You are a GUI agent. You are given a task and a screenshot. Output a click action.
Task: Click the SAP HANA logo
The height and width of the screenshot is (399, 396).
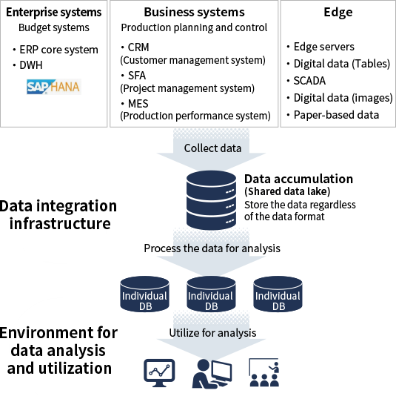54,87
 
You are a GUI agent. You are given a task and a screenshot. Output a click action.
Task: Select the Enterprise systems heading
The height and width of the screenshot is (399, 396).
54,12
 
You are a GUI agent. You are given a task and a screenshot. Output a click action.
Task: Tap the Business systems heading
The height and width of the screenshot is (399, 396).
195,12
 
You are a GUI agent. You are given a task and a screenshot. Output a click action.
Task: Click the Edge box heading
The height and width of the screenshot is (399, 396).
338,12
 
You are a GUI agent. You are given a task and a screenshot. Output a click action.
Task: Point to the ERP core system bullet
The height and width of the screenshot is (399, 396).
58,50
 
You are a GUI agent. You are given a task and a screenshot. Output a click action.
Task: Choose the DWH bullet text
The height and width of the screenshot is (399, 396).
31,65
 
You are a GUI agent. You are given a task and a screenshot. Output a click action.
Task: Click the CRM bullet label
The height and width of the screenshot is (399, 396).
138,47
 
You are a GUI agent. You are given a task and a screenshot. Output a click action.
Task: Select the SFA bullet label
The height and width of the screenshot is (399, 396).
137,76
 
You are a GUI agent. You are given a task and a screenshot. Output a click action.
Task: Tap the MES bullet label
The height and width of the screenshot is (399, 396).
138,104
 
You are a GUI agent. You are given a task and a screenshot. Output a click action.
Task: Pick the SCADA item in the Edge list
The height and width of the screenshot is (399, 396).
309,81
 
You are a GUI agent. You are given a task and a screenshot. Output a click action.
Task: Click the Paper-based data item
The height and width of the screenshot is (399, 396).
336,115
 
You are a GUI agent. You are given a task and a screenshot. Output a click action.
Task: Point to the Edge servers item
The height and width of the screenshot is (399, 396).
324,47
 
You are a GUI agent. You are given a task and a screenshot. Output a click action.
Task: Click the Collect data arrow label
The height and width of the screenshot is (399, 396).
212,148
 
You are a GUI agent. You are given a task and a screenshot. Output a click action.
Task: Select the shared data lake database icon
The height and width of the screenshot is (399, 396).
211,200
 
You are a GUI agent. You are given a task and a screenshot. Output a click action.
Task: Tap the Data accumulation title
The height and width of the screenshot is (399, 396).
299,179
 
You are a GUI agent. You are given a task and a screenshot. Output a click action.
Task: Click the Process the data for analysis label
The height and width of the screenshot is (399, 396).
212,248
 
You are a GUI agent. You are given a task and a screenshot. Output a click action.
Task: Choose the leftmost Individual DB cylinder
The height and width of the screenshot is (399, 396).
144,294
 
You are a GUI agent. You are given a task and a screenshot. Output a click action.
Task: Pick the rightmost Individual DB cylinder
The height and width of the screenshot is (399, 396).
278,294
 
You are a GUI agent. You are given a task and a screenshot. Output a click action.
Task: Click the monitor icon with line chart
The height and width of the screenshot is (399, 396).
159,373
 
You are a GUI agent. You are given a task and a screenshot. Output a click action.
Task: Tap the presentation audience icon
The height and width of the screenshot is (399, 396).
264,372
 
